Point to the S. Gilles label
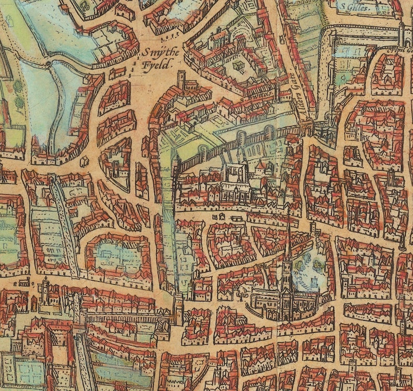click(353, 7)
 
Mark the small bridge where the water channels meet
click(49, 65)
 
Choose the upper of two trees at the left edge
click(19, 86)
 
